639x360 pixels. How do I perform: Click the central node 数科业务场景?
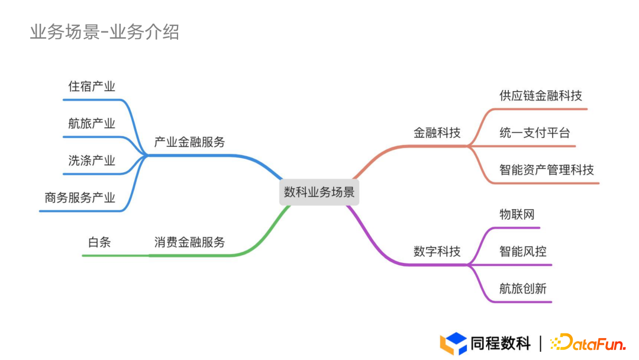tap(319, 192)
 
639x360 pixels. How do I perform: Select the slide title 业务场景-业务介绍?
tap(105, 31)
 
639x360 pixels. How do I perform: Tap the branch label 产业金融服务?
tap(189, 142)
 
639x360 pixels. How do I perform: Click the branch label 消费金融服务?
tap(189, 242)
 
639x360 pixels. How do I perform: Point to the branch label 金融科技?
tap(437, 133)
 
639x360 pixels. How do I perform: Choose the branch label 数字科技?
tap(437, 251)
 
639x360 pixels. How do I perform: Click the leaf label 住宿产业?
tap(92, 86)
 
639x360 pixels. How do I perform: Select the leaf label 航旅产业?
tap(92, 124)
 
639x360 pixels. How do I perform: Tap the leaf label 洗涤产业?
tap(92, 160)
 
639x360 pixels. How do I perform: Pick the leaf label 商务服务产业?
tap(80, 198)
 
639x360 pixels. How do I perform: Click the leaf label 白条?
tap(99, 242)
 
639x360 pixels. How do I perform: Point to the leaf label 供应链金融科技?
tap(540, 96)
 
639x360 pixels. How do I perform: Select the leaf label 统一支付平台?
tap(534, 133)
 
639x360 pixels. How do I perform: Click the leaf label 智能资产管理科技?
tap(546, 170)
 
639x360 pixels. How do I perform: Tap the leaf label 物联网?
tap(517, 214)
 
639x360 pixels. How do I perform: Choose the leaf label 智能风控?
tap(522, 251)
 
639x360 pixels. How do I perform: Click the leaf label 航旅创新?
tap(522, 288)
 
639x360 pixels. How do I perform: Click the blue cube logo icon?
tap(453, 343)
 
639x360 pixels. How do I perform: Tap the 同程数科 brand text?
tap(501, 343)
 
